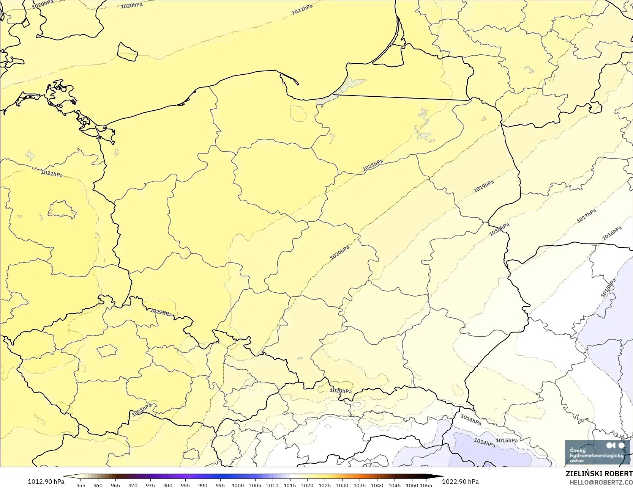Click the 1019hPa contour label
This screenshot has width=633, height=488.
[483, 186]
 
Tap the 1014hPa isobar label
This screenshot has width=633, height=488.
[484, 442]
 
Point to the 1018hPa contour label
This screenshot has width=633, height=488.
[499, 229]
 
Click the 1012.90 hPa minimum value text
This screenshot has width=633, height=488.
[46, 482]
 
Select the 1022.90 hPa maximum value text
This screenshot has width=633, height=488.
[460, 482]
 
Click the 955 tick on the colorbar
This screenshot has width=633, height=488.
[81, 485]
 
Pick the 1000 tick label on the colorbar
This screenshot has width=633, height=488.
[238, 485]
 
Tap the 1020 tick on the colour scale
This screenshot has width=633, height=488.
[307, 485]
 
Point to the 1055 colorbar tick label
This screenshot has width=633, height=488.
[426, 485]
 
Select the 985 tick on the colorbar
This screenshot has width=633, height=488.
[185, 485]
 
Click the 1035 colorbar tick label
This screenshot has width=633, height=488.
[360, 485]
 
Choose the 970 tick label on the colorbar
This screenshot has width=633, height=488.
[133, 485]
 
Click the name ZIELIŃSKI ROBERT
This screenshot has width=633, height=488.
[599, 474]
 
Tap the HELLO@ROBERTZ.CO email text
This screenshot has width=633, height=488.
[601, 482]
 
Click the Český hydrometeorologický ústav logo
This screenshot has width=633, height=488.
[597, 453]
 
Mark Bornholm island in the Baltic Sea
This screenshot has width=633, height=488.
[127, 52]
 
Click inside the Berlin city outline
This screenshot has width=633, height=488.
[62, 210]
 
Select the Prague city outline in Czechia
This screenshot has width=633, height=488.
[107, 351]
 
